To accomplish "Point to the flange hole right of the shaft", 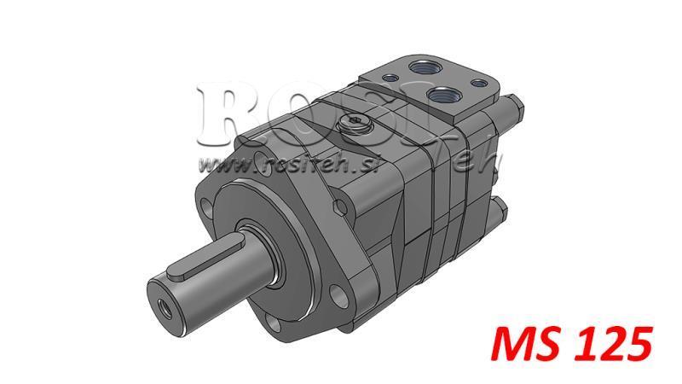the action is click(339, 294).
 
